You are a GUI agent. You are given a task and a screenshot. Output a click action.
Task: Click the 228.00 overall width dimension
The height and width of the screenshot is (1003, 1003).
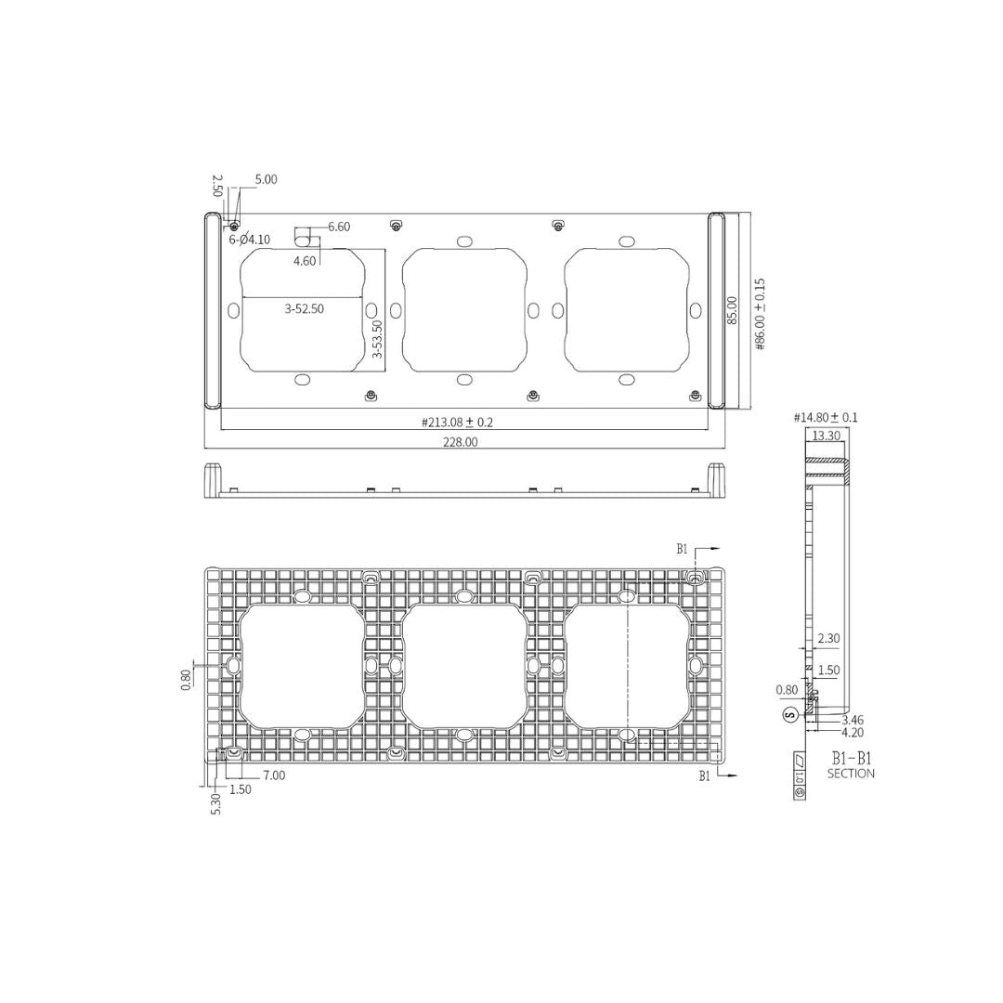click(x=460, y=442)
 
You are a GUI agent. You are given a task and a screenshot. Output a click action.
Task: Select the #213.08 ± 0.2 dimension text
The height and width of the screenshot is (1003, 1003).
click(x=457, y=422)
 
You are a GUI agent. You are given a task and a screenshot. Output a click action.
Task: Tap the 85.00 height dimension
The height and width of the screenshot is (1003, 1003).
click(x=732, y=309)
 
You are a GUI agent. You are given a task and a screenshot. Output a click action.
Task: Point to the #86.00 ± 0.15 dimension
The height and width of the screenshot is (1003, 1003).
click(x=760, y=314)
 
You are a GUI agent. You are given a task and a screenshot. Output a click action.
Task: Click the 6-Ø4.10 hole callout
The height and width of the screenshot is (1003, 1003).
click(x=250, y=240)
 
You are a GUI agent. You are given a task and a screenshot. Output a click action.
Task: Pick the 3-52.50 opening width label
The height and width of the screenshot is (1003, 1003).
click(x=304, y=309)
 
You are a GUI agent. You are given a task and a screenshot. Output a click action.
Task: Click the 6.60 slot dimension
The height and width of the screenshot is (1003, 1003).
click(x=339, y=227)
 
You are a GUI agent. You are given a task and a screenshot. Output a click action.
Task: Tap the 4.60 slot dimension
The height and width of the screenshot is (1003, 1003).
click(x=305, y=261)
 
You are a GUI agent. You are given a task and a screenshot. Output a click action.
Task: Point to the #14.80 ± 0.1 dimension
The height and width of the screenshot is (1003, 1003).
click(x=826, y=418)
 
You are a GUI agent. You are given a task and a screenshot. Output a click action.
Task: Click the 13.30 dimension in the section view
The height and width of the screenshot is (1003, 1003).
click(x=826, y=435)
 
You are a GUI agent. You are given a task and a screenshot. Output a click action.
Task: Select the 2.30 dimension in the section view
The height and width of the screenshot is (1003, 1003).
click(x=828, y=639)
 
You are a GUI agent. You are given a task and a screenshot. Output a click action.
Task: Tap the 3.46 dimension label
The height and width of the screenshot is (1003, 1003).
click(x=853, y=720)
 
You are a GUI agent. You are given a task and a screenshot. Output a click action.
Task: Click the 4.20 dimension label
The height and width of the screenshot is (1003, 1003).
click(x=853, y=732)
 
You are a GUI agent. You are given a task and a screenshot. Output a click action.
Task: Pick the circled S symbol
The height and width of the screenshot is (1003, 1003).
click(x=790, y=715)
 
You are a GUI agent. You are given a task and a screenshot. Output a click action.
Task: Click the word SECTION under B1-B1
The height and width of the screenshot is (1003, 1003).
click(x=851, y=774)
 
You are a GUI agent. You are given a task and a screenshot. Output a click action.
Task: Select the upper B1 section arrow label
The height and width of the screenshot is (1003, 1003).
click(x=683, y=550)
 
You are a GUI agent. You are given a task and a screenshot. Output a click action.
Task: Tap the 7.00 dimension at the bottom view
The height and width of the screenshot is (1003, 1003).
click(x=274, y=775)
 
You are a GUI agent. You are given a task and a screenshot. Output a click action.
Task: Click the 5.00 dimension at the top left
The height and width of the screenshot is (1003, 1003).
click(x=266, y=180)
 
